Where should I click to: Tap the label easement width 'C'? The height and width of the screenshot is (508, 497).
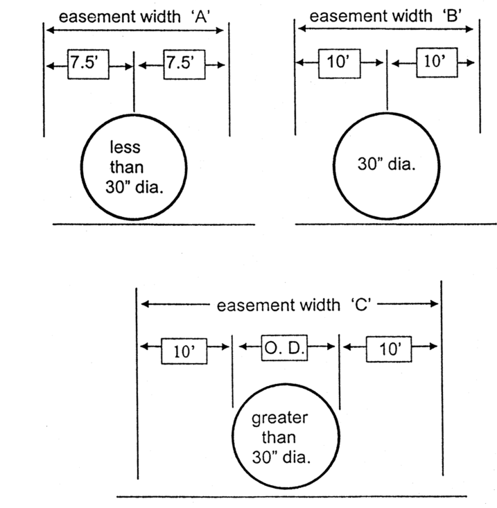[x=290, y=304]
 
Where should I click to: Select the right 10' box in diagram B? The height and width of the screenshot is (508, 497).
[x=435, y=62]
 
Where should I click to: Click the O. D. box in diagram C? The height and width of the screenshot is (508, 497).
[x=284, y=345]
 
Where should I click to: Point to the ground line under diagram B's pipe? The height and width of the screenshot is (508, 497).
[x=396, y=225]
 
